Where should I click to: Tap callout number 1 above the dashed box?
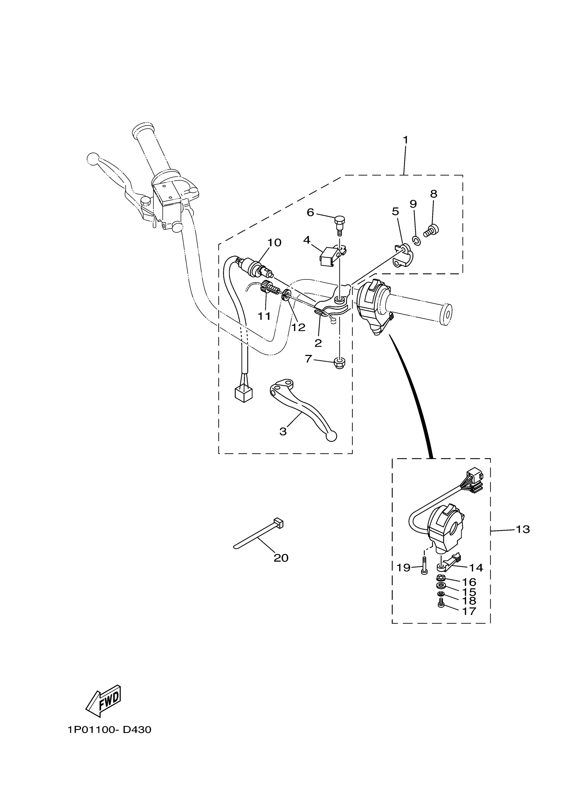click(x=406, y=140)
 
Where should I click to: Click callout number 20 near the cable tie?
click(x=281, y=558)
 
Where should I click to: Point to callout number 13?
click(x=523, y=539)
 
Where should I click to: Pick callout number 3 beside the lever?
click(x=283, y=432)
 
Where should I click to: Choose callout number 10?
click(x=274, y=243)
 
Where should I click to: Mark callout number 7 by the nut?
click(x=308, y=359)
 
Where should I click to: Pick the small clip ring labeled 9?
click(x=416, y=241)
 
